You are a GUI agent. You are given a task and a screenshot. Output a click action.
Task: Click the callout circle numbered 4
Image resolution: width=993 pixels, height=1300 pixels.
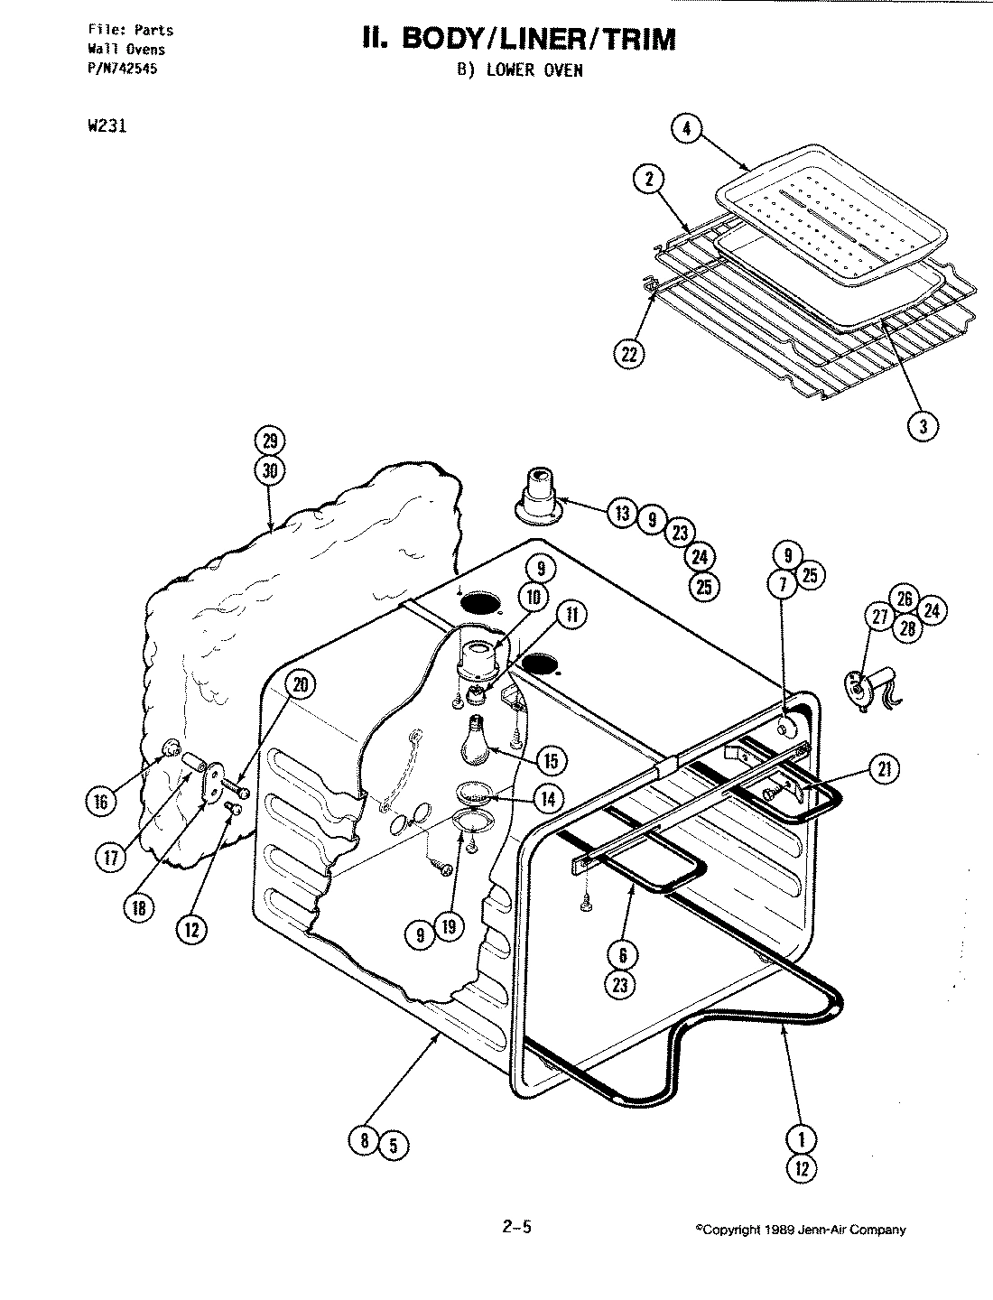pos(686,129)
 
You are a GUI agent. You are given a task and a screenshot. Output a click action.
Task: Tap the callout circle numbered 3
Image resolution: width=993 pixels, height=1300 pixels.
pos(923,427)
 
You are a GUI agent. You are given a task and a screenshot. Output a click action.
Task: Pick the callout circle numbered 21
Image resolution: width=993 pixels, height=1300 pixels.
pos(883,768)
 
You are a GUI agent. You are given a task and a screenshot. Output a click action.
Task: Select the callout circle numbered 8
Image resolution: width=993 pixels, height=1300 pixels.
pos(365,1140)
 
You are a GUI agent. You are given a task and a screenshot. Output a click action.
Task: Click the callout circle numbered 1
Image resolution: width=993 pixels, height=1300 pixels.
pos(802,1139)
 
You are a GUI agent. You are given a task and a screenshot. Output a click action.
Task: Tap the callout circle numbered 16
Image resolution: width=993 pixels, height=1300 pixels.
pos(101,801)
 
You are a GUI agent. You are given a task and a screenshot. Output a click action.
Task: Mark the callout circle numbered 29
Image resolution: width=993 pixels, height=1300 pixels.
pos(269,441)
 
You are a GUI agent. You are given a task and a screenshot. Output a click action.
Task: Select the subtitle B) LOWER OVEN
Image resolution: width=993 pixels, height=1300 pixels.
pos(519,71)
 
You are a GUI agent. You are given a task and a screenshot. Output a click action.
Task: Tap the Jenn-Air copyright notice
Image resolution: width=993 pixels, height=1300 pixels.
pos(800,1230)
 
